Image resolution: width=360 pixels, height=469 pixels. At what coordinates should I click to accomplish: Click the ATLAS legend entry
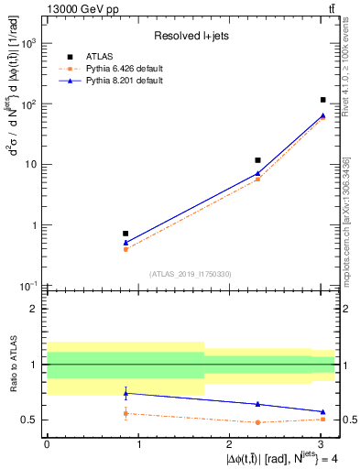pos(99,57)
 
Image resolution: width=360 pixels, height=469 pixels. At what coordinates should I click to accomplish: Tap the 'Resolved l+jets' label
pos(190,37)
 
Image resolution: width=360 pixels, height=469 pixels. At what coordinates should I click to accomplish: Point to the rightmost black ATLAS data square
pos(323,100)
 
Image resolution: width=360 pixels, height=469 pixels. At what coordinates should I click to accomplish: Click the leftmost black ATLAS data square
pos(125,234)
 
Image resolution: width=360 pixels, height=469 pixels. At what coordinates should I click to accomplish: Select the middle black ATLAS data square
pos(257,160)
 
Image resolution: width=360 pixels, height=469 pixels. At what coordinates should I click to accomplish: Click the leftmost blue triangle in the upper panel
pos(125,243)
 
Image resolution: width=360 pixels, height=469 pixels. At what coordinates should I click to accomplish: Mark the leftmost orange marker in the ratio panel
pos(125,413)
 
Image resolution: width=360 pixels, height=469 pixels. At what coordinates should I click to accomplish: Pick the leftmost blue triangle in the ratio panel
pos(125,393)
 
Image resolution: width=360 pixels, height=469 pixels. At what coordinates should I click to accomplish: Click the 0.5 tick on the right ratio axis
pos(348,420)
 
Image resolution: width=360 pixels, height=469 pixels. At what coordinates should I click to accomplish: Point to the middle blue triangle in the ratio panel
pos(257,404)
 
